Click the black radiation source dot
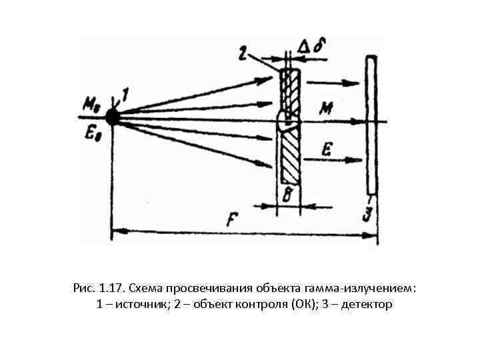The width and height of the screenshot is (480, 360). (112, 118)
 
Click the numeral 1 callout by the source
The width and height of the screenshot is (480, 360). (125, 97)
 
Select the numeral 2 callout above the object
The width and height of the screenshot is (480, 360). (244, 51)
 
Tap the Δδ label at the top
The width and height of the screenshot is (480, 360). (309, 47)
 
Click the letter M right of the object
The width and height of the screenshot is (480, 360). (327, 107)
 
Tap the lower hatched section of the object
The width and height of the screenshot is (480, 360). (289, 157)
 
